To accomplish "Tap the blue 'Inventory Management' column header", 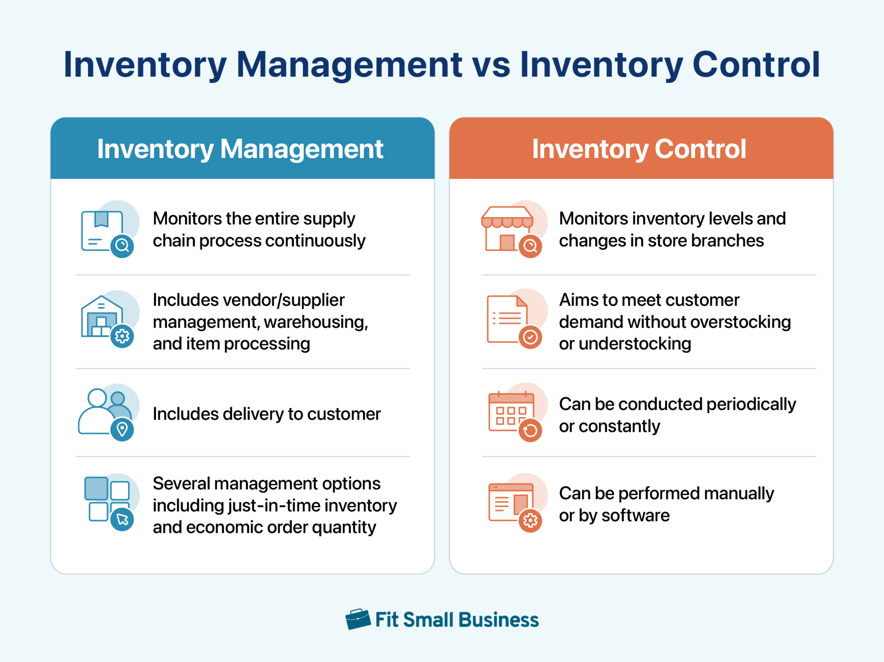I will click(x=240, y=149).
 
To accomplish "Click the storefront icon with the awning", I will click(x=507, y=229).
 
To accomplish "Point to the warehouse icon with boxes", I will click(x=101, y=317).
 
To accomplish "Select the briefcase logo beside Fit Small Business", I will click(x=358, y=620).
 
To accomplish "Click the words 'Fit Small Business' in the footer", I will click(x=457, y=620).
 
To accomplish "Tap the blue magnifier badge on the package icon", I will click(x=122, y=246).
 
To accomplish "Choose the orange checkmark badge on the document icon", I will click(x=530, y=337).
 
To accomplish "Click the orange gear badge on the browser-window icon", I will click(x=530, y=521).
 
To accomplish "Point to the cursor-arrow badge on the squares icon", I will click(x=122, y=519).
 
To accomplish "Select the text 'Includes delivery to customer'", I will click(x=266, y=414).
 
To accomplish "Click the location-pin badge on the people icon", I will click(x=122, y=429).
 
